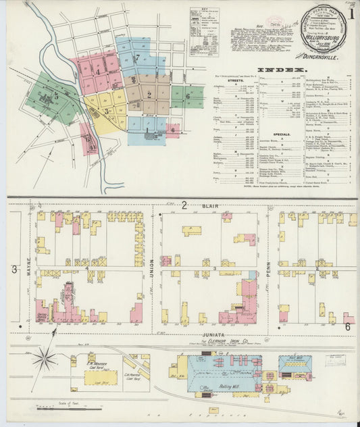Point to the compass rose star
[45, 357]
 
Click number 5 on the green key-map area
[56, 97]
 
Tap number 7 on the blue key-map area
[137, 58]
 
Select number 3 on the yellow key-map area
[105, 111]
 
